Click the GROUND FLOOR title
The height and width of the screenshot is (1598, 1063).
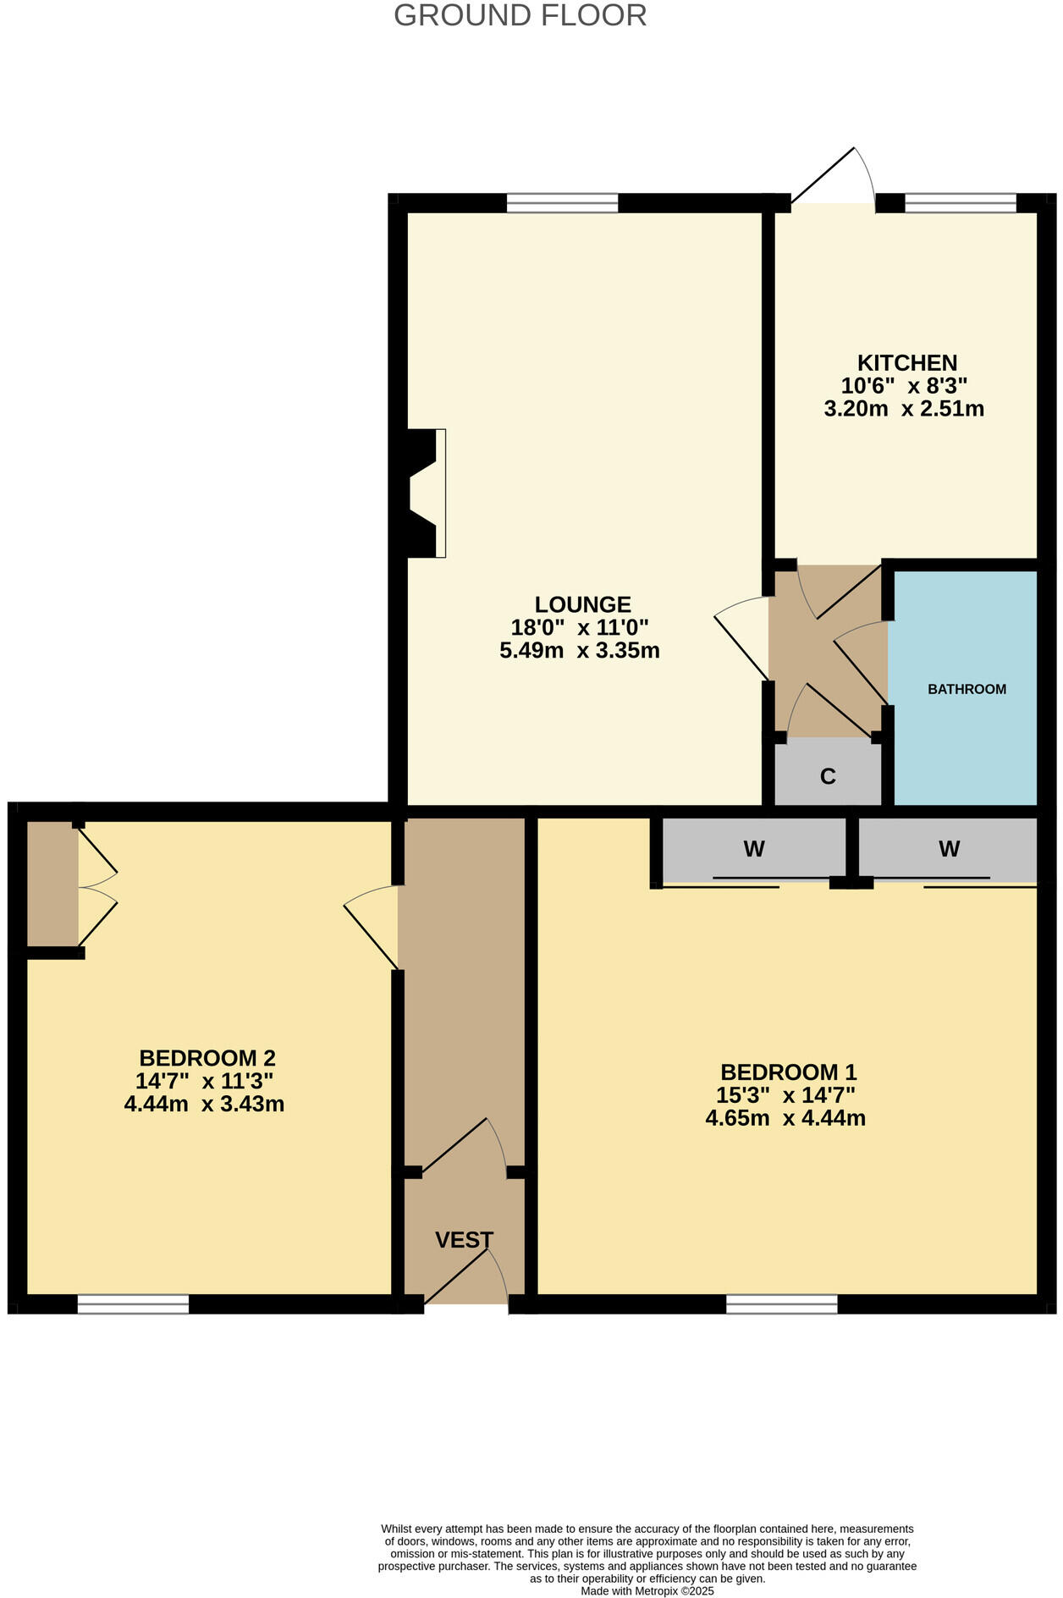(520, 15)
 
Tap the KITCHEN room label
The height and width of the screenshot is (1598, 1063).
(906, 363)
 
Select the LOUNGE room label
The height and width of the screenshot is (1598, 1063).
(582, 604)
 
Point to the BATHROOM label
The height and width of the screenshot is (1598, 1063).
(967, 689)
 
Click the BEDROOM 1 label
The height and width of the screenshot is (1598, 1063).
(788, 1072)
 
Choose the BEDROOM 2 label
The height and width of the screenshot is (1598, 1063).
(207, 1058)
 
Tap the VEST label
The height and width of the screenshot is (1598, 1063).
(464, 1240)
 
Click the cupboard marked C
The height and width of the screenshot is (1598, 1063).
(828, 775)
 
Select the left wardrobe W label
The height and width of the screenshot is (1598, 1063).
(753, 849)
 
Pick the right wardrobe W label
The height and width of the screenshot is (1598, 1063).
(949, 849)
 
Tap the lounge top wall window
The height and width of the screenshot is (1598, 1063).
(562, 203)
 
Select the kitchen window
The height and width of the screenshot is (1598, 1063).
(960, 203)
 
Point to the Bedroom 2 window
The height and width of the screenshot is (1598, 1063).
(133, 1304)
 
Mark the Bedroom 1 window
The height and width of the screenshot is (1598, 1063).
(781, 1304)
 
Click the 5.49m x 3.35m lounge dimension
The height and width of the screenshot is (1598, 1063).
(580, 651)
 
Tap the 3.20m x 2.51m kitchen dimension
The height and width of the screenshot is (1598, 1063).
(904, 410)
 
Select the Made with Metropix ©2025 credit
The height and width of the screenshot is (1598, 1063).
(647, 1591)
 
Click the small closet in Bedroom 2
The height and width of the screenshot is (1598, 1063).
(52, 883)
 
